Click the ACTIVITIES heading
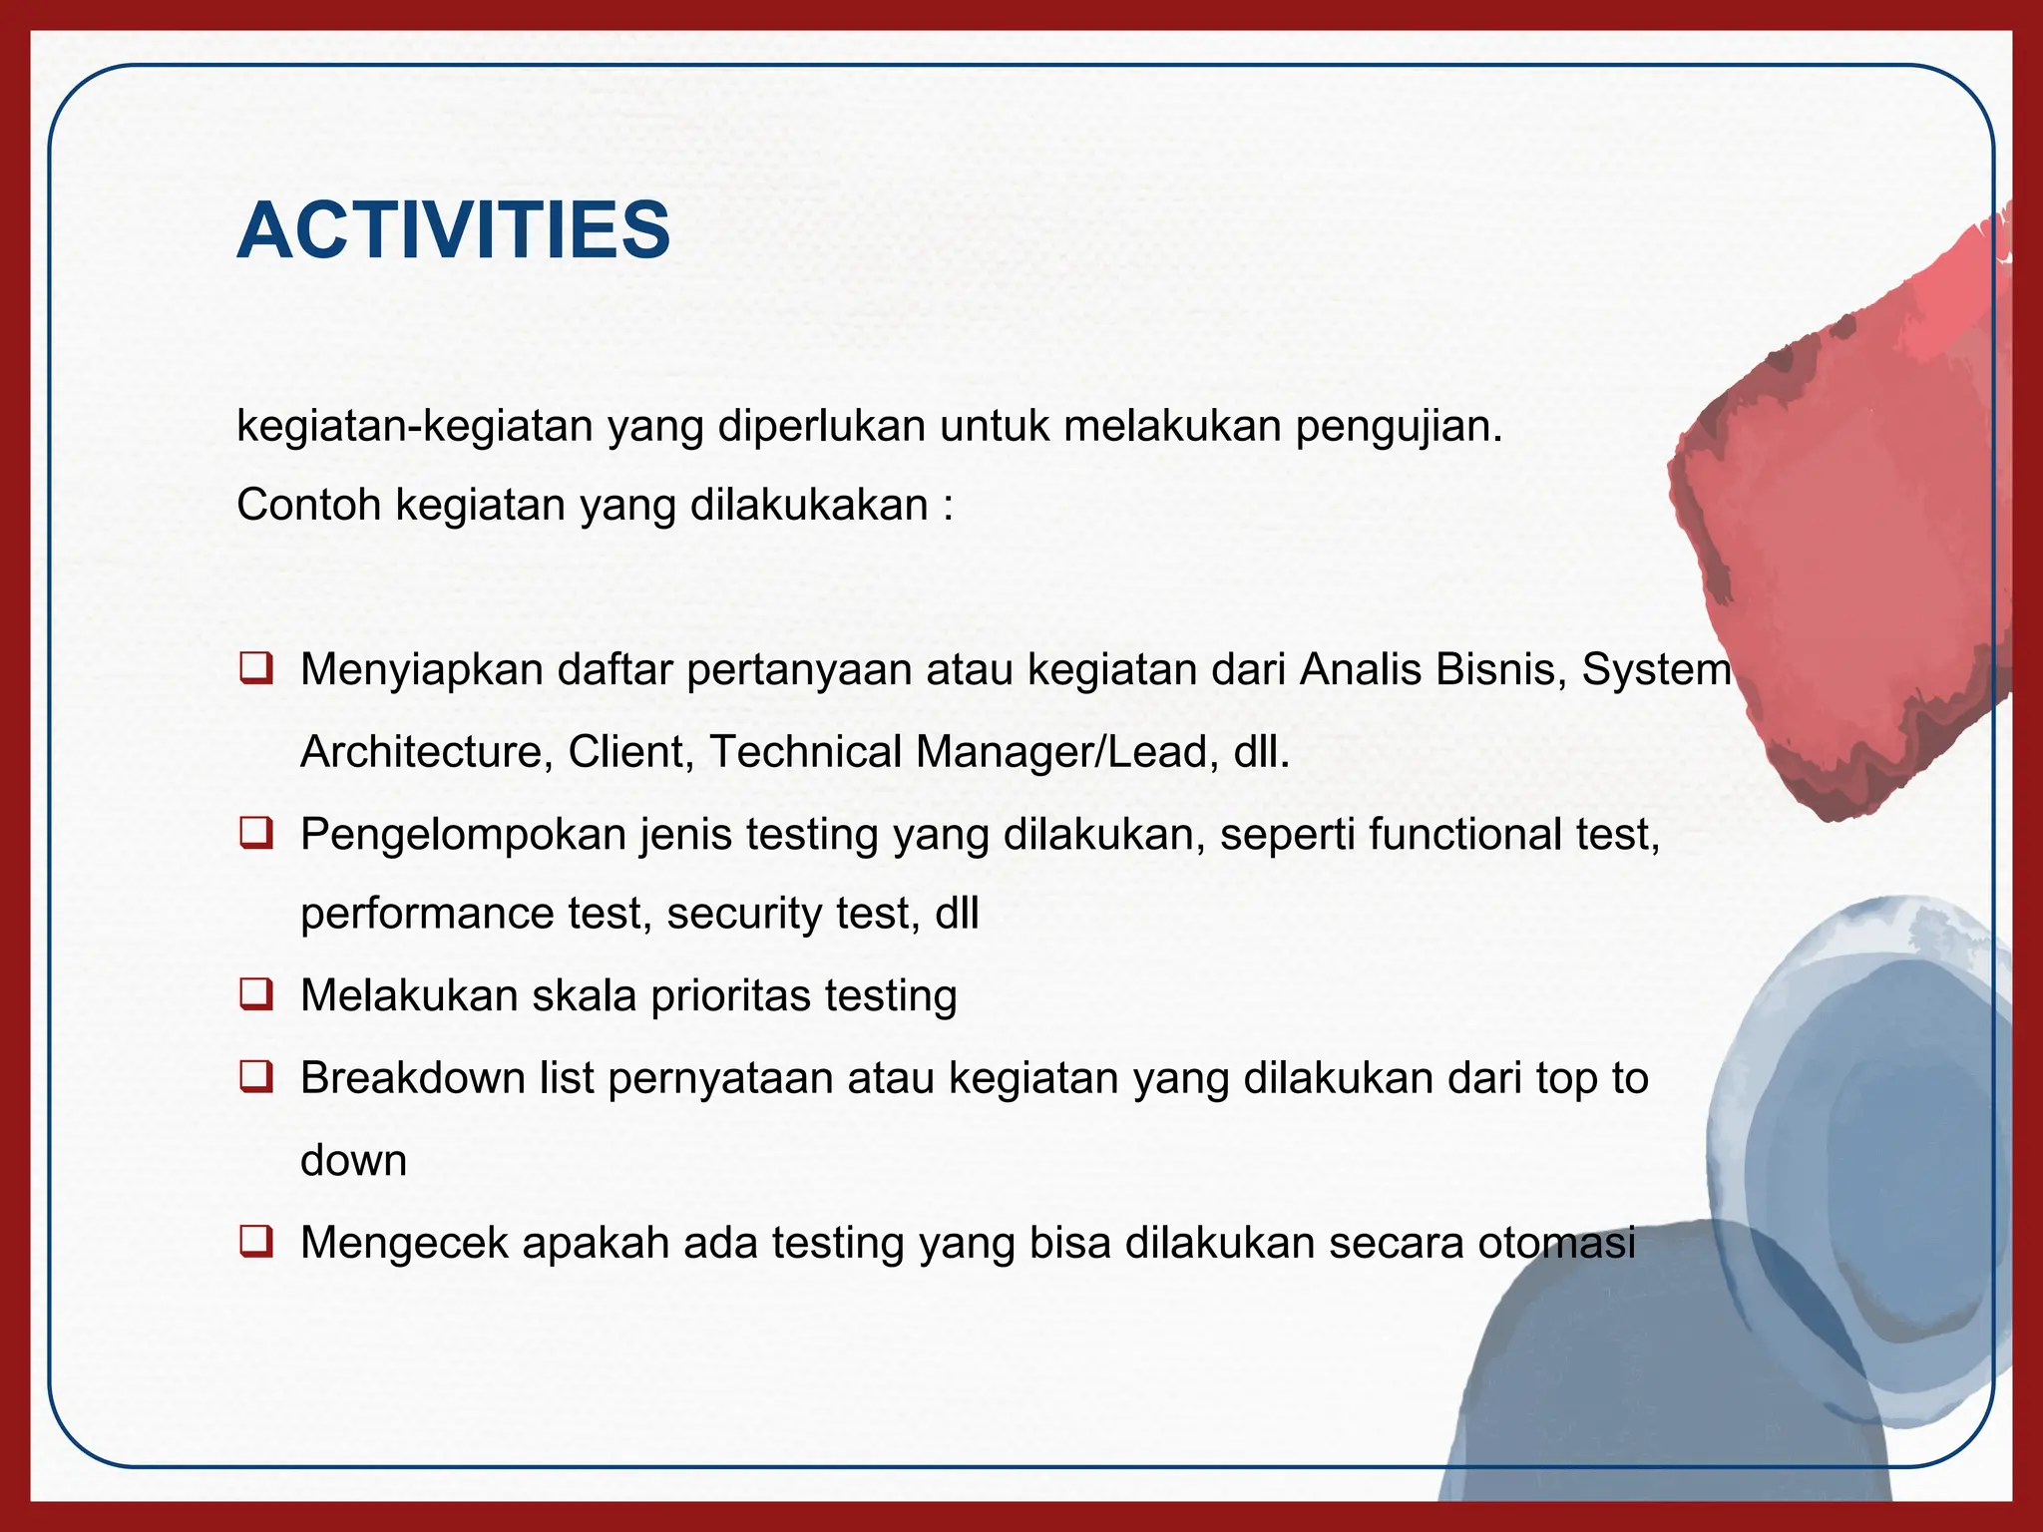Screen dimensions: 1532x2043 453,230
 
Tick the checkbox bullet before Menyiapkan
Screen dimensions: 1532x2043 256,667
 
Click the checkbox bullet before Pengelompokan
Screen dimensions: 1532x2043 256,832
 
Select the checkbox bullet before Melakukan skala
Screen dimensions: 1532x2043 256,994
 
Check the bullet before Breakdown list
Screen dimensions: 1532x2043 256,1077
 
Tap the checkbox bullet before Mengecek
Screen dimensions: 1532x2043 256,1242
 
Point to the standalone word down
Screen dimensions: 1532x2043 353,1161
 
